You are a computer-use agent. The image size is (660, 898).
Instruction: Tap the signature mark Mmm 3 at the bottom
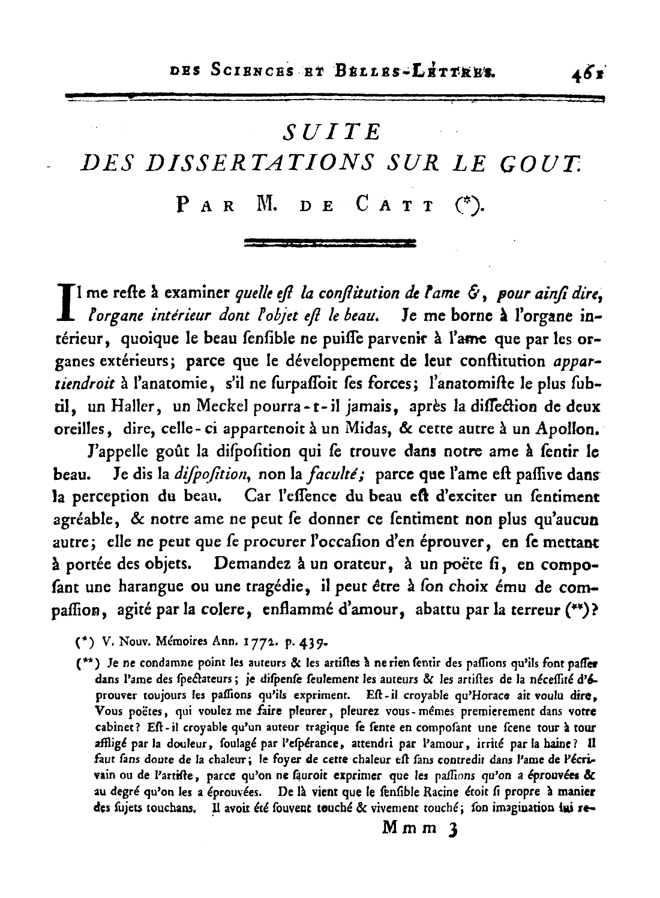[419, 828]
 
